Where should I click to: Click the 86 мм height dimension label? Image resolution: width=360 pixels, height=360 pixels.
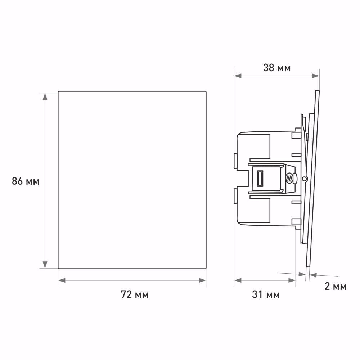pos(26,181)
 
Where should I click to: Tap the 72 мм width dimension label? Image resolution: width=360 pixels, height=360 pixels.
pos(135,294)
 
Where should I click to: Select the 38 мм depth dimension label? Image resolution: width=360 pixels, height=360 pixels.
pos(277,68)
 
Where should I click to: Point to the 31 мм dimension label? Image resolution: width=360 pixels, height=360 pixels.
pos(266,294)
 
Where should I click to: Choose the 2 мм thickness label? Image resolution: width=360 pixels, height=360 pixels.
pos(336,286)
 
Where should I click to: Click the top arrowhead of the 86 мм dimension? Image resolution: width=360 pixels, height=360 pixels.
pos(45,96)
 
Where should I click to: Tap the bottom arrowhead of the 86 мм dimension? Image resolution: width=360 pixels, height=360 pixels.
pos(45,265)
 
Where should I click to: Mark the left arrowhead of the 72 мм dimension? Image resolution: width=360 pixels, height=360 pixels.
pos(62,280)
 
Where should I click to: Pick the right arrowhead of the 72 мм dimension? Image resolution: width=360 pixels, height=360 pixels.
pos(202,280)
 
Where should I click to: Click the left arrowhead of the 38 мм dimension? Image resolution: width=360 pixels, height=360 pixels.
pos(238,76)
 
